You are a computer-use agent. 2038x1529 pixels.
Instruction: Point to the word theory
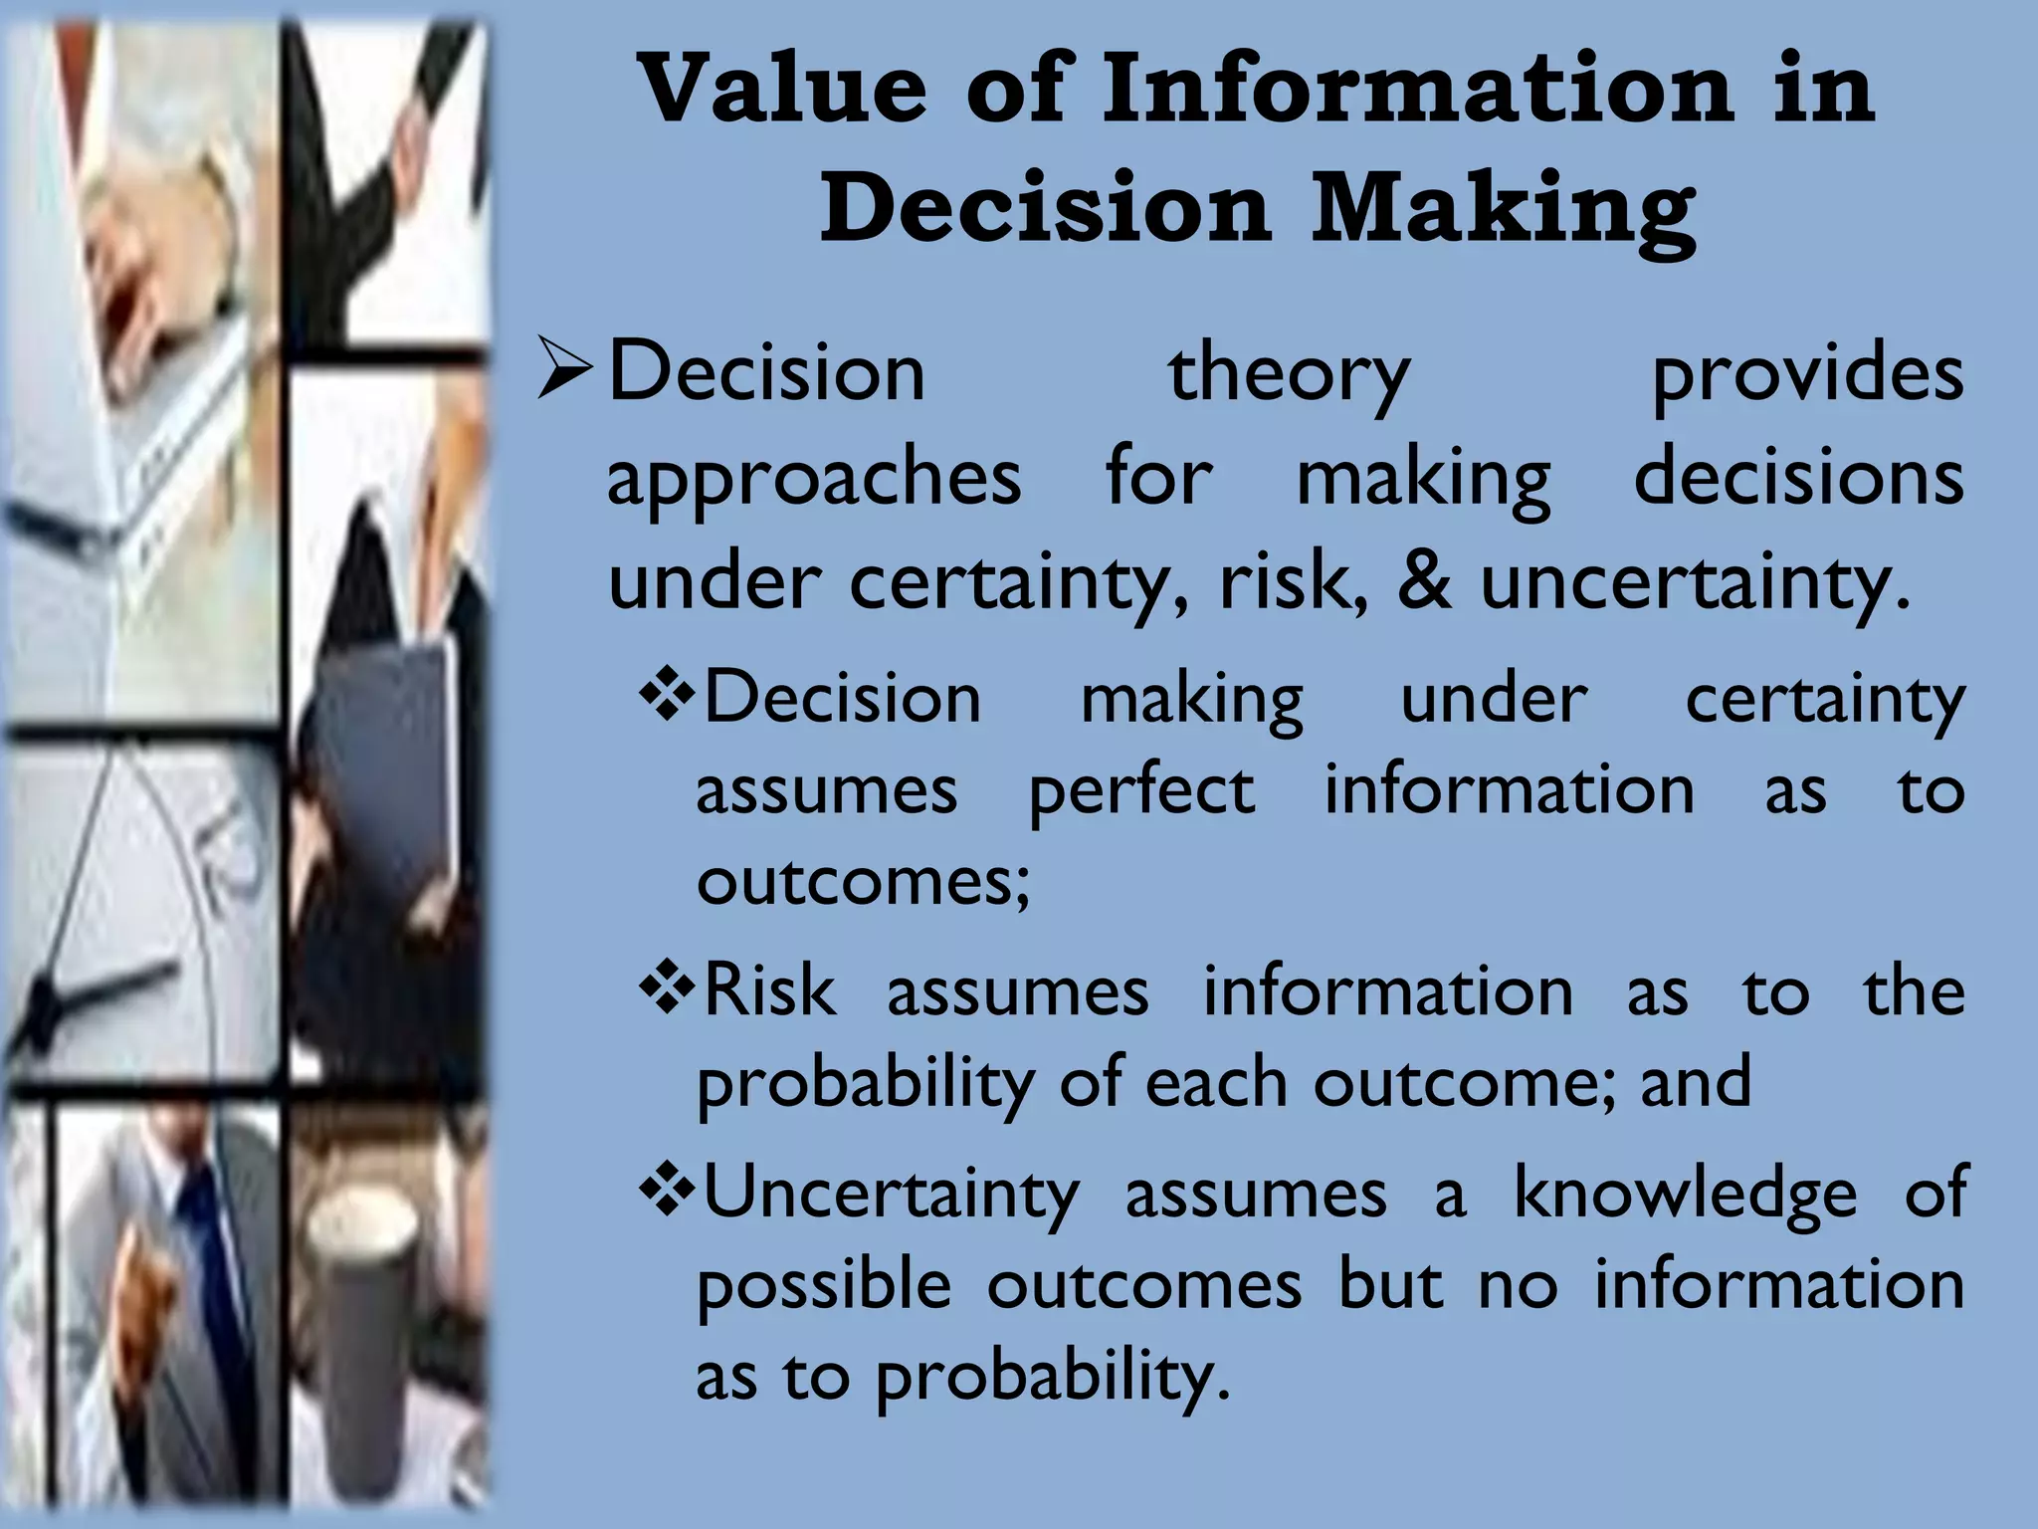[x=1288, y=374]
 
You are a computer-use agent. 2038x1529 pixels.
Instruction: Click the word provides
[x=1807, y=374]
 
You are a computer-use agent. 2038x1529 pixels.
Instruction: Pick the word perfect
[x=1141, y=792]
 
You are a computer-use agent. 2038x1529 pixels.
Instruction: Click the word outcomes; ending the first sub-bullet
[x=863, y=882]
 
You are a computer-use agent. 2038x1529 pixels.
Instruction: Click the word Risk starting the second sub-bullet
[x=769, y=991]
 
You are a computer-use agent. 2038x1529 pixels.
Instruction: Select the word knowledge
[x=1685, y=1193]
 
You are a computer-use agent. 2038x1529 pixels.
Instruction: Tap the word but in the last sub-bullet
[x=1390, y=1284]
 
